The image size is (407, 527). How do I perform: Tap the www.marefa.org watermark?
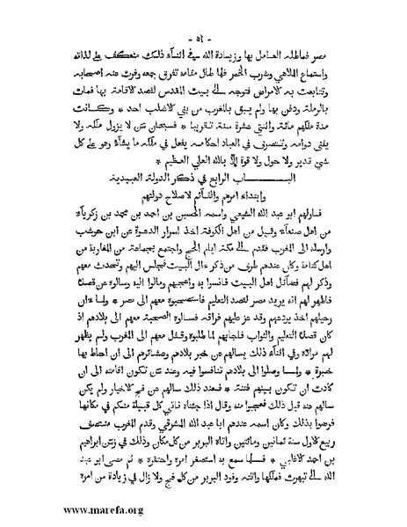(x=61, y=509)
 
